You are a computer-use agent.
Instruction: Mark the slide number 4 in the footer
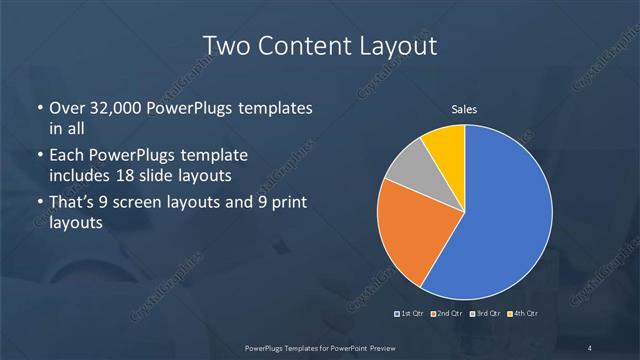click(590, 347)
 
